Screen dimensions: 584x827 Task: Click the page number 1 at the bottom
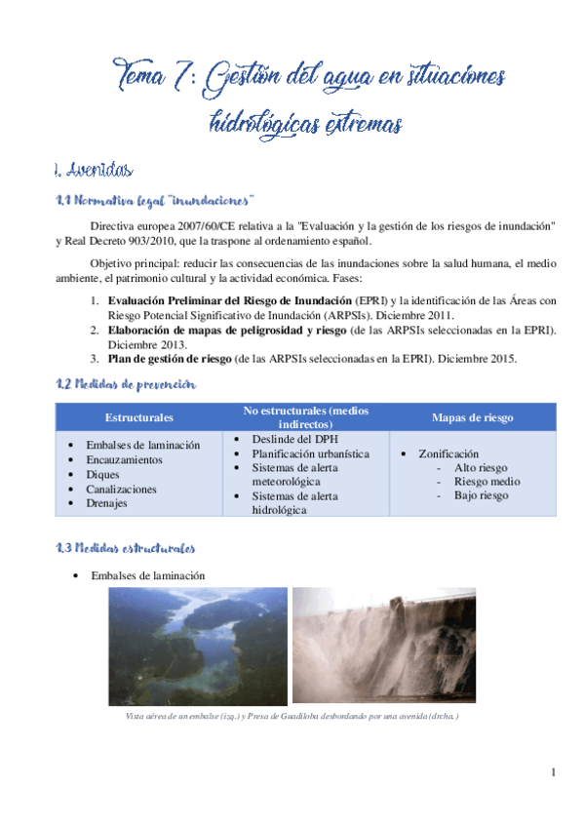[x=553, y=773]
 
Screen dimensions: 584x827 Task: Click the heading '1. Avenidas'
[x=95, y=172]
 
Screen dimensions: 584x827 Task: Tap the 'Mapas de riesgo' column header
[x=473, y=417]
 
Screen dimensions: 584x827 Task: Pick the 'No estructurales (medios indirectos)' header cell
[x=306, y=417]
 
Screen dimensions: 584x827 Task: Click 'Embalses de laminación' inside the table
[x=142, y=445]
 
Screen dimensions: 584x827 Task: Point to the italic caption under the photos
[x=292, y=717]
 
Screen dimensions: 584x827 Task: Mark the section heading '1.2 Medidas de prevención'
[x=126, y=385]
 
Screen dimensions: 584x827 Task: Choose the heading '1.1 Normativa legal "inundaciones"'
[x=155, y=202]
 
